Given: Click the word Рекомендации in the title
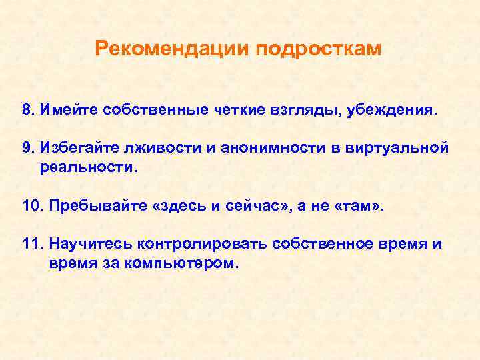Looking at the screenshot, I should (x=171, y=49).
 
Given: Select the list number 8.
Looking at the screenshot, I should (x=27, y=109).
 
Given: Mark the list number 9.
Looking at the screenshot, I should (x=27, y=148).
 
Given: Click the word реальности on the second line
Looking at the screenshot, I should (x=87, y=167).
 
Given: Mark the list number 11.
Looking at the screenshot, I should (x=31, y=244).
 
